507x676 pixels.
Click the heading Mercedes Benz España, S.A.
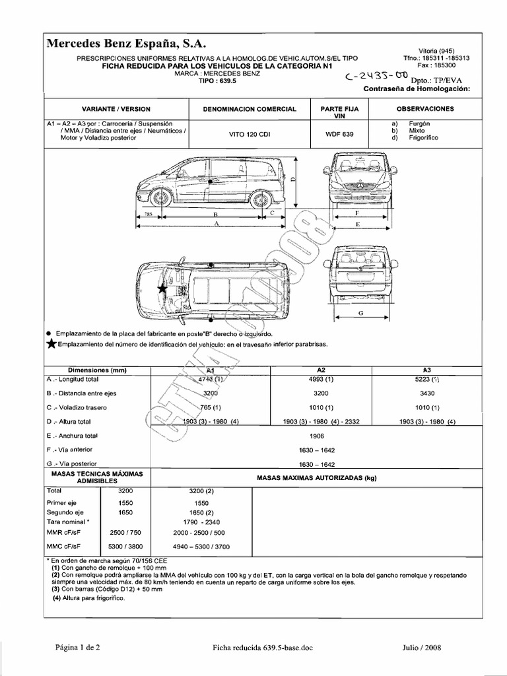[126, 44]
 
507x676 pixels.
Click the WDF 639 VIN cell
[339, 134]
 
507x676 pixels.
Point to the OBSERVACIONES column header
[424, 109]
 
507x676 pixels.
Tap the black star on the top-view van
[161, 288]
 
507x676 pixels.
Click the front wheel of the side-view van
[158, 197]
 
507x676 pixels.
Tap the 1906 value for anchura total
[317, 436]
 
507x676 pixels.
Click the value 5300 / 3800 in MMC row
[125, 547]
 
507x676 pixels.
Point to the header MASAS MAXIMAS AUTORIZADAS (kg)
[316, 478]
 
